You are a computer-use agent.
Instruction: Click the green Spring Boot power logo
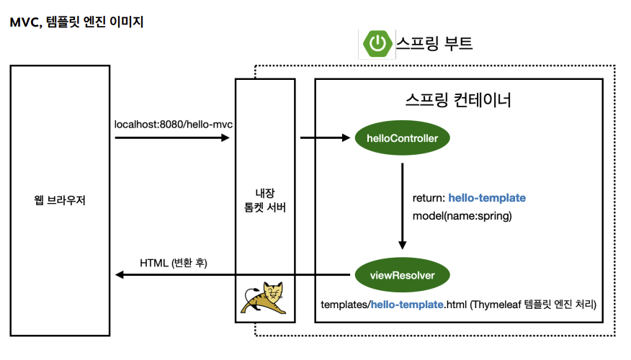[x=376, y=44]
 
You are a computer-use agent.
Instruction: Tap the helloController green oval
[x=402, y=138]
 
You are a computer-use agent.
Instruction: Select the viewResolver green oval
[x=402, y=274]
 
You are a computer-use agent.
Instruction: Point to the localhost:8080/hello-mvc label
[x=174, y=125]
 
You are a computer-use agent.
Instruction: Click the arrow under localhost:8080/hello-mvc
[x=172, y=138]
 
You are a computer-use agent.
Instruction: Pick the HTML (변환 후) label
[x=173, y=263]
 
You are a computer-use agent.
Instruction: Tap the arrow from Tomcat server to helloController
[x=325, y=138]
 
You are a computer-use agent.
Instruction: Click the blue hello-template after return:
[x=487, y=198]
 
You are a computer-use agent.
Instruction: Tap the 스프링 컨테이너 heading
[x=458, y=99]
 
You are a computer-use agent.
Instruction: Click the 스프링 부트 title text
[x=434, y=44]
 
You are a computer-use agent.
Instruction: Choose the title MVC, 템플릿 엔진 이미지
[x=76, y=22]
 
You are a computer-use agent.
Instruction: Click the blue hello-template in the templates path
[x=407, y=305]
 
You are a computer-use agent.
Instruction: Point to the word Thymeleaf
[x=502, y=305]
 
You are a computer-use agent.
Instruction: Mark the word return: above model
[x=428, y=198]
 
